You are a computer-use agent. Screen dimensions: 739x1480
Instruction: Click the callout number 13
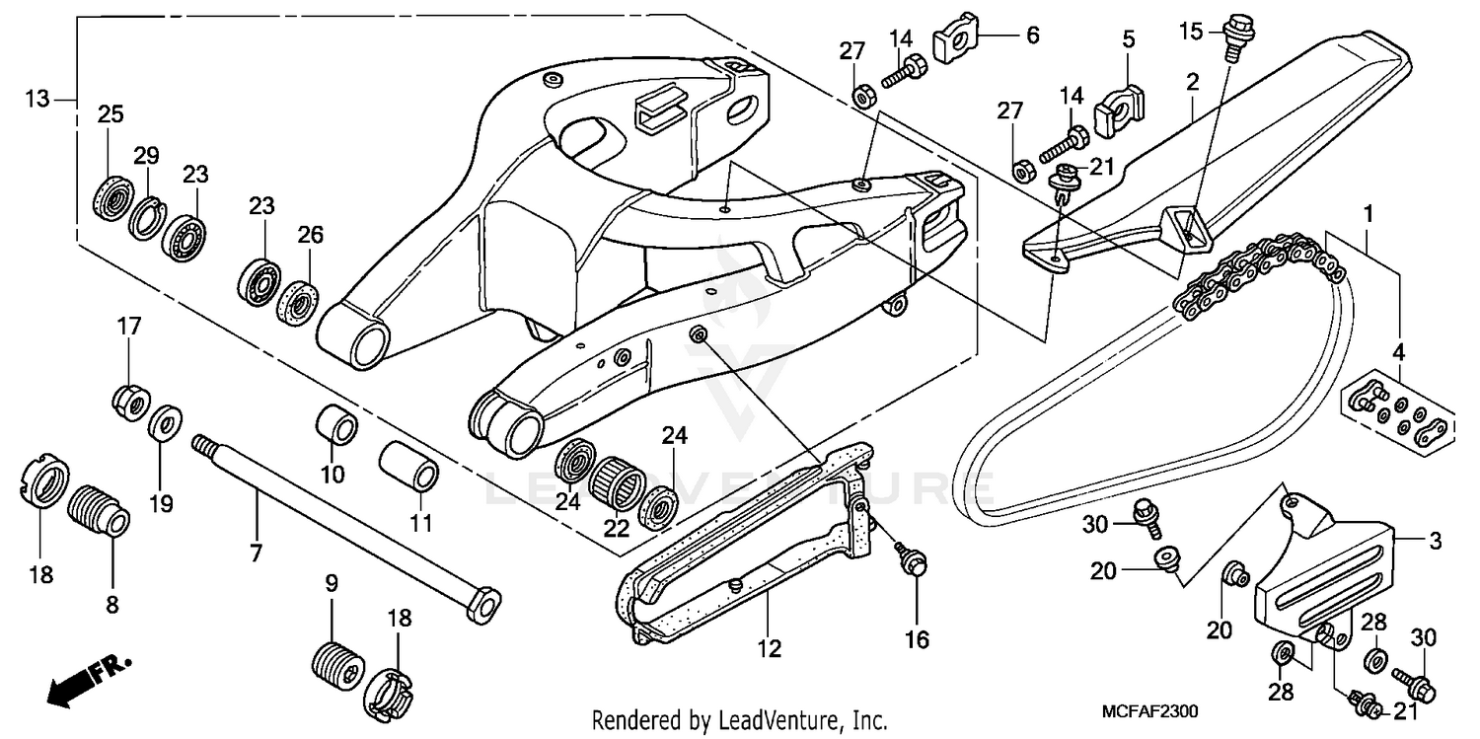[x=37, y=99]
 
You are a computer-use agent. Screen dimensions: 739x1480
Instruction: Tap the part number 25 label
[x=110, y=113]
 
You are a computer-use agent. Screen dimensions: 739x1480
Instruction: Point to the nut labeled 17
[x=129, y=400]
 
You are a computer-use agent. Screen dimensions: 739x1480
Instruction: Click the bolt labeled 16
[x=912, y=561]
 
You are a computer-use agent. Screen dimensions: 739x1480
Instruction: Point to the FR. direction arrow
[x=89, y=681]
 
